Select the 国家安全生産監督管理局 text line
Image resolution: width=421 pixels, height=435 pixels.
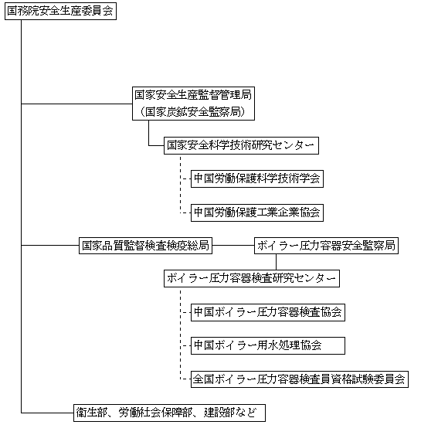pyautogui.click(x=193, y=95)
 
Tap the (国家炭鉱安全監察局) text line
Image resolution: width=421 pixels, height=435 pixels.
pyautogui.click(x=193, y=112)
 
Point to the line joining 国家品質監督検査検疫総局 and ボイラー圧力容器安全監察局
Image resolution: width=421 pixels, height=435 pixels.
pyautogui.click(x=233, y=245)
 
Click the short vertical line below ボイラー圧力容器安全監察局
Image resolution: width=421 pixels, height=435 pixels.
pyautogui.click(x=276, y=262)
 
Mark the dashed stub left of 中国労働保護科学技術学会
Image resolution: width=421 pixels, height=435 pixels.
pyautogui.click(x=185, y=179)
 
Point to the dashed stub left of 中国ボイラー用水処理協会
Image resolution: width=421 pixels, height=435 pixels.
pyautogui.click(x=185, y=346)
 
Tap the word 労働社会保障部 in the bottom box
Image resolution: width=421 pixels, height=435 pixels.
pyautogui.click(x=155, y=413)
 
